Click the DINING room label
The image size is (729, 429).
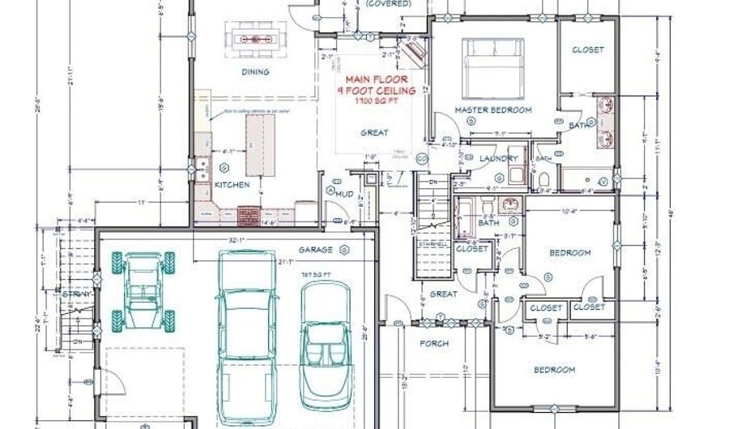click(x=255, y=72)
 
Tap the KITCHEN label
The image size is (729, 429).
click(x=232, y=185)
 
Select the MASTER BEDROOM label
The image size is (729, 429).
click(x=492, y=109)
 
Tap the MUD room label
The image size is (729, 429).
click(x=344, y=193)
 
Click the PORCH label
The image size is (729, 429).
click(x=434, y=343)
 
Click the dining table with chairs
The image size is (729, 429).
click(x=255, y=38)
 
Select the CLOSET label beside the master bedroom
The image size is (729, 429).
click(x=588, y=50)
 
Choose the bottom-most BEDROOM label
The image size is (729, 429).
click(x=554, y=370)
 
